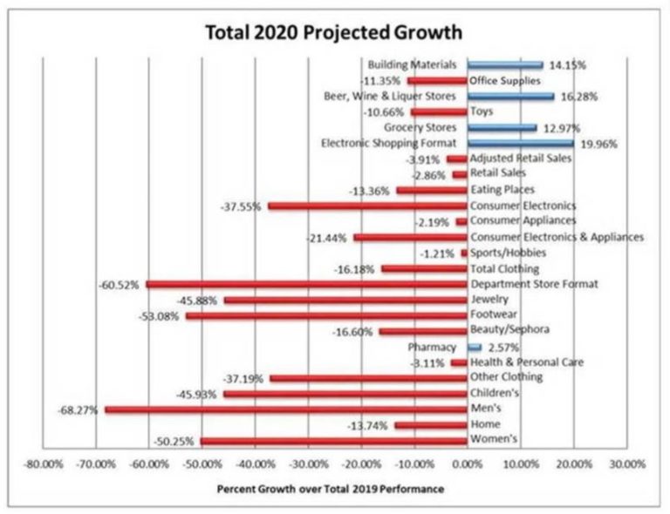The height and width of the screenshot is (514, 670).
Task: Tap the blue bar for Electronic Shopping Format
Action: click(520, 143)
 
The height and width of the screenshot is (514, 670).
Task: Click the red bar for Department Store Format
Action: click(306, 284)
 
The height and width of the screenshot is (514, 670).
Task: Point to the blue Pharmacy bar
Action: click(474, 347)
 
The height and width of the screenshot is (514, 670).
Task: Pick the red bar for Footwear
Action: click(326, 315)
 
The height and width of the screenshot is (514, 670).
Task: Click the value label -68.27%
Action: click(79, 409)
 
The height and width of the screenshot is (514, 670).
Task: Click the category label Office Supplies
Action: click(505, 81)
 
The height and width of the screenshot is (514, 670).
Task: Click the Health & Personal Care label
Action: click(526, 362)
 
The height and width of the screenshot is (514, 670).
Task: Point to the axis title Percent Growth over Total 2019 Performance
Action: click(331, 489)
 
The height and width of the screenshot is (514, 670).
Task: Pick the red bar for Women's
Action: click(334, 441)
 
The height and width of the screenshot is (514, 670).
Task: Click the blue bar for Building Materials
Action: click(504, 65)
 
